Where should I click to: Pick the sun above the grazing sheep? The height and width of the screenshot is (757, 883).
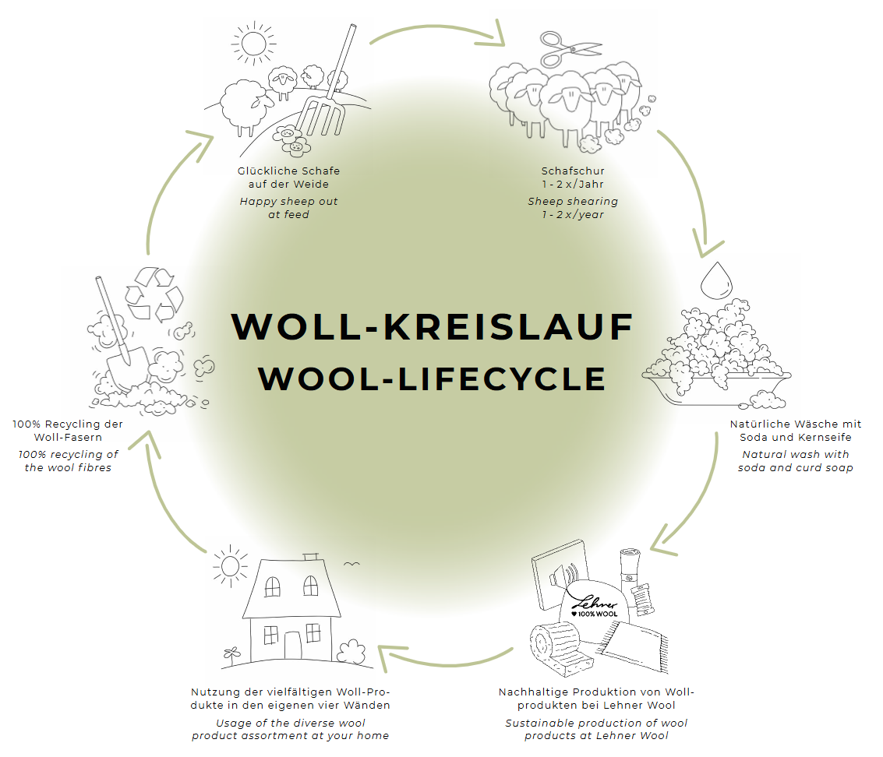pyautogui.click(x=253, y=43)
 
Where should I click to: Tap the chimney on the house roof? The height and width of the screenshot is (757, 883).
pyautogui.click(x=312, y=558)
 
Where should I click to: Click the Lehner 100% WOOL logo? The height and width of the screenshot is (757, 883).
pyautogui.click(x=595, y=607)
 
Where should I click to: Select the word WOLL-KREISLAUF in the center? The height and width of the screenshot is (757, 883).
pyautogui.click(x=432, y=326)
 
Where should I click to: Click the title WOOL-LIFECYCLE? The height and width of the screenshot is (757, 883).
pyautogui.click(x=432, y=378)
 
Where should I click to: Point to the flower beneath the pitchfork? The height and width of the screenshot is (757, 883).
pyautogui.click(x=293, y=141)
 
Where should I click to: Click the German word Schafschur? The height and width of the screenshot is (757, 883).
pyautogui.click(x=573, y=171)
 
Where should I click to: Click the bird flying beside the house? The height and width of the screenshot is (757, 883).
pyautogui.click(x=351, y=564)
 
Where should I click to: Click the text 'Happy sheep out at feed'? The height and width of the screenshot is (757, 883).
pyautogui.click(x=288, y=208)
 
